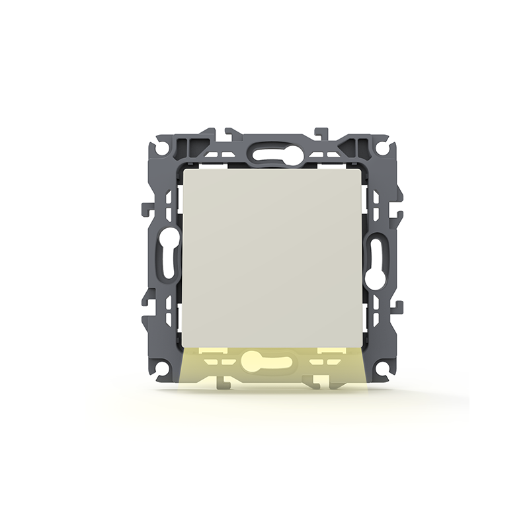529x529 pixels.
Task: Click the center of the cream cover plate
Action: tap(272, 257)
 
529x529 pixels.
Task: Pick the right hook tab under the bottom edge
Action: tap(319, 382)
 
